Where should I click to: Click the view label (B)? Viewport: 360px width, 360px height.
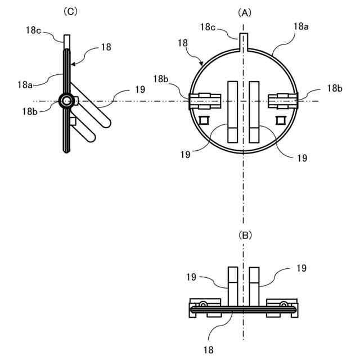pyautogui.click(x=244, y=235)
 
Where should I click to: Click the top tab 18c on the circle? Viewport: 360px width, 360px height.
pyautogui.click(x=244, y=40)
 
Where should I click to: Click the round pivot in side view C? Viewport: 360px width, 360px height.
pyautogui.click(x=66, y=101)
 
